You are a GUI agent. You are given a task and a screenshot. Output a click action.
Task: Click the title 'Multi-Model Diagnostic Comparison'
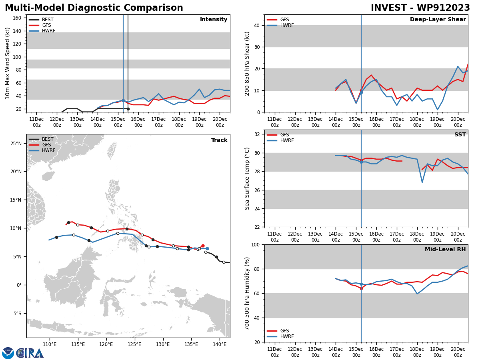tap(94, 8)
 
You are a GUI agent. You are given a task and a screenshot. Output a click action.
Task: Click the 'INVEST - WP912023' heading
tap(420, 8)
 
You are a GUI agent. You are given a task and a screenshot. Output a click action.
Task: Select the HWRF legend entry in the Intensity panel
tap(48, 31)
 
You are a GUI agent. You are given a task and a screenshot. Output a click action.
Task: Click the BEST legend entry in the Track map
tap(48, 139)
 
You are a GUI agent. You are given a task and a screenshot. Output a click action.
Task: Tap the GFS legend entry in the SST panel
tap(284, 135)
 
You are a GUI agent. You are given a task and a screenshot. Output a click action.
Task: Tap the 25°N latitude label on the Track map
tap(16, 143)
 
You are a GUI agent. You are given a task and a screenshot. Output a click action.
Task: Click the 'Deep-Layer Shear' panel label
tap(438, 20)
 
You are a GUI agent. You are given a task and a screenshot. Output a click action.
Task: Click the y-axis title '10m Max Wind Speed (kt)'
tap(8, 63)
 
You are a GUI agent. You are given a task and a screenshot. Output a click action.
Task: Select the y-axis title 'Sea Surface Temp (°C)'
tap(247, 178)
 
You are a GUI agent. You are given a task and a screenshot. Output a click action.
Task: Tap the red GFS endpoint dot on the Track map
tap(203, 246)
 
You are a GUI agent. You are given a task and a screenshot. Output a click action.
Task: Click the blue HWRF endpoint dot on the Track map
tap(207, 249)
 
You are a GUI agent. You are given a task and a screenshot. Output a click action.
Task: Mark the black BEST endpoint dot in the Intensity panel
tap(128, 109)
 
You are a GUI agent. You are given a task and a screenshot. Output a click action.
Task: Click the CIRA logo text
tap(30, 353)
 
